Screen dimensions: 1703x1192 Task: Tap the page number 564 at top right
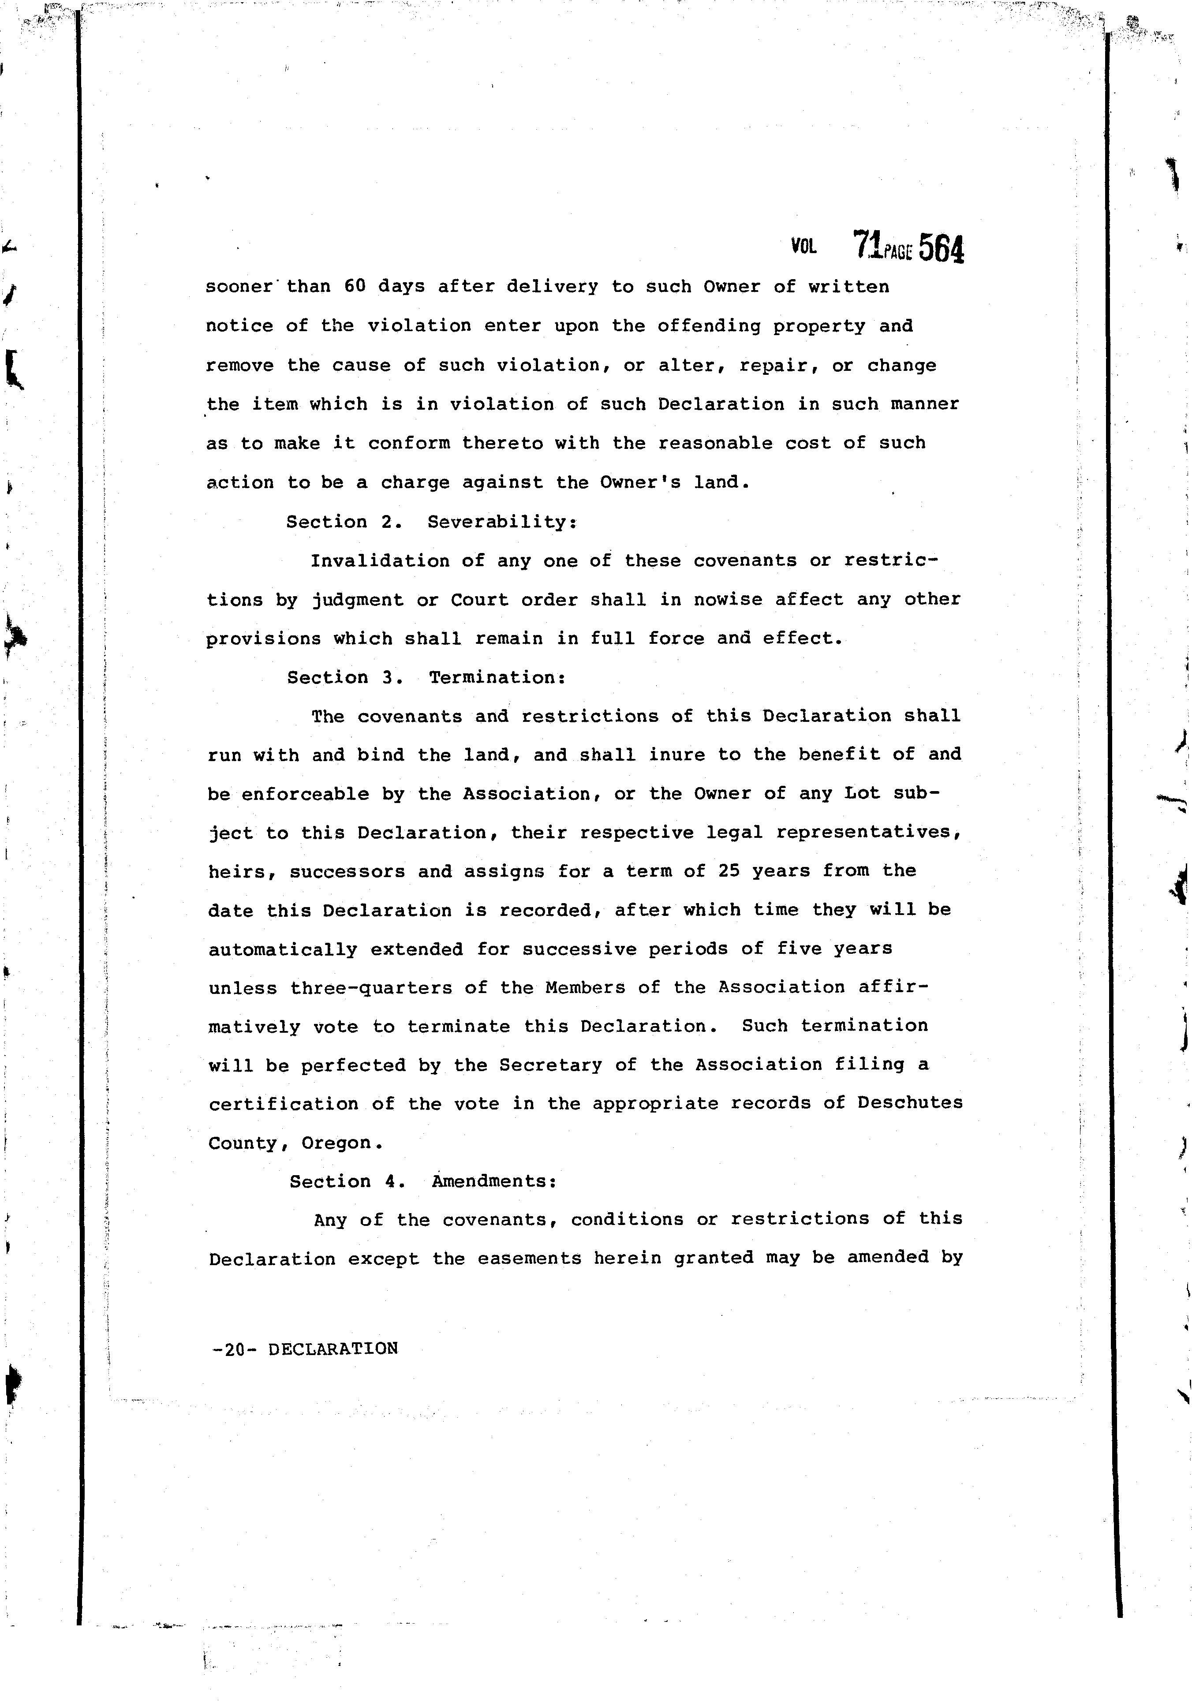click(941, 248)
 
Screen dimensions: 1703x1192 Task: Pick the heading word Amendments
click(494, 1182)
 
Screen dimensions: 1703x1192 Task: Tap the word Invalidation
click(380, 561)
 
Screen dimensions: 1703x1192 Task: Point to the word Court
click(479, 599)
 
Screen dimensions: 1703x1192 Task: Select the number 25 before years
click(729, 871)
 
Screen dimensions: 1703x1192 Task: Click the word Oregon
click(342, 1143)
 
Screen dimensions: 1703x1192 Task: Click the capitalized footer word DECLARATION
click(333, 1348)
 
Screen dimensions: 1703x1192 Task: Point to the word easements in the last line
click(529, 1259)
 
